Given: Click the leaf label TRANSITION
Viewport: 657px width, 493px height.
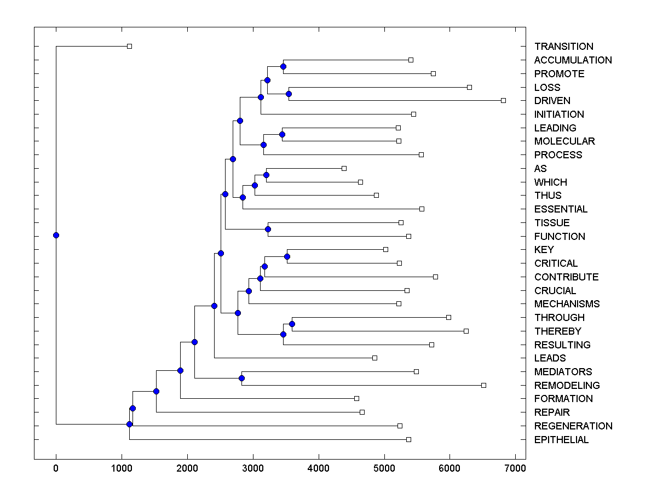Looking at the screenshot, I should coord(563,47).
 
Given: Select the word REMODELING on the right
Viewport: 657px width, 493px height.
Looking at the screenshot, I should coord(567,386).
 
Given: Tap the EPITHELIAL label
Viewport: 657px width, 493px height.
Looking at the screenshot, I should coord(561,440).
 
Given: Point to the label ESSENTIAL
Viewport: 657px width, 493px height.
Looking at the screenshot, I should coord(561,209).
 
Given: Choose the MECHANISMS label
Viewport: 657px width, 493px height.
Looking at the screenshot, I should coord(567,304).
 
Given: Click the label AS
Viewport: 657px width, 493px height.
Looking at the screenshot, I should coord(540,169).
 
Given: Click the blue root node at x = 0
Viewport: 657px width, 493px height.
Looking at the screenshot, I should coord(56,236).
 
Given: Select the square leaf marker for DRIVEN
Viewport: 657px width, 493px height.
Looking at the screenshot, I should coord(503,101).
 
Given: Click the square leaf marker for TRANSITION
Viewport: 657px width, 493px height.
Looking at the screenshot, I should coord(129,47).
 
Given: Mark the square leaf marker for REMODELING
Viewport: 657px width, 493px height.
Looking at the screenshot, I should coord(483,386).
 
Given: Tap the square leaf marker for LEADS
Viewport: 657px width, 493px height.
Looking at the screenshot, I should coord(374,358).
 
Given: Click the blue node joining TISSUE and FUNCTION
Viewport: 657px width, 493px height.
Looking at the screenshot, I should coord(268,230).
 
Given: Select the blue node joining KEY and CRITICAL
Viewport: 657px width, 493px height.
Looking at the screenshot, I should coord(287,256).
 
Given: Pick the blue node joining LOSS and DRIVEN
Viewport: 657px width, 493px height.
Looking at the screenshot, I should coord(289,94).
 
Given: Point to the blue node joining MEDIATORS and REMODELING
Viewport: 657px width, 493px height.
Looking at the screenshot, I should coord(241,379).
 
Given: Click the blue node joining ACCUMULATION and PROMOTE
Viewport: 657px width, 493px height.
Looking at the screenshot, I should coord(283,67).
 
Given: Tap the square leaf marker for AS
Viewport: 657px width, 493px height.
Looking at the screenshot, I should coord(344,169).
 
